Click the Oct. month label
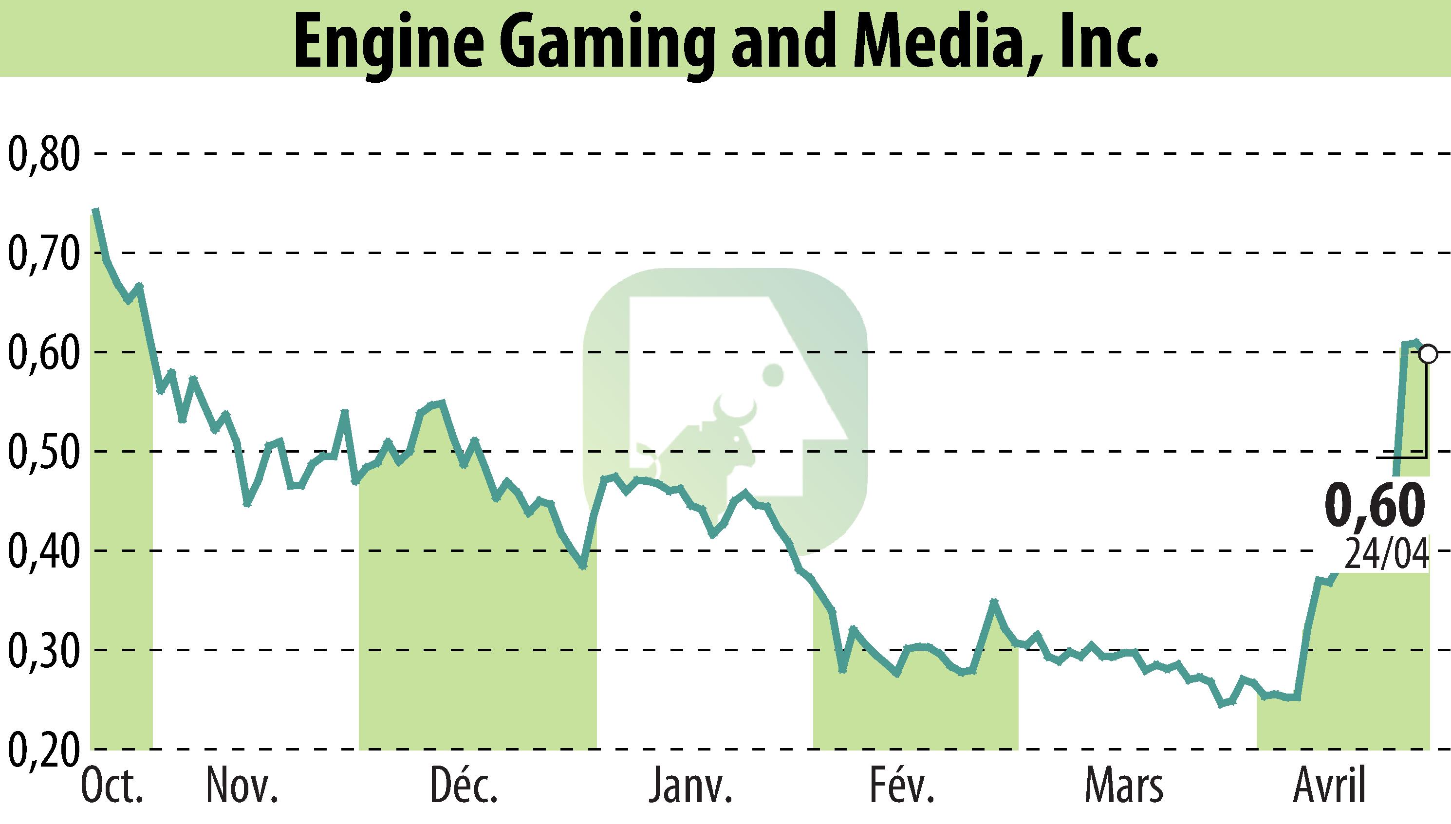[112, 787]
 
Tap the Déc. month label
[464, 787]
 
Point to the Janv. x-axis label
[690, 787]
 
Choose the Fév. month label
[901, 787]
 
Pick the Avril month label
[1330, 787]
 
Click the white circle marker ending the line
[1428, 354]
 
